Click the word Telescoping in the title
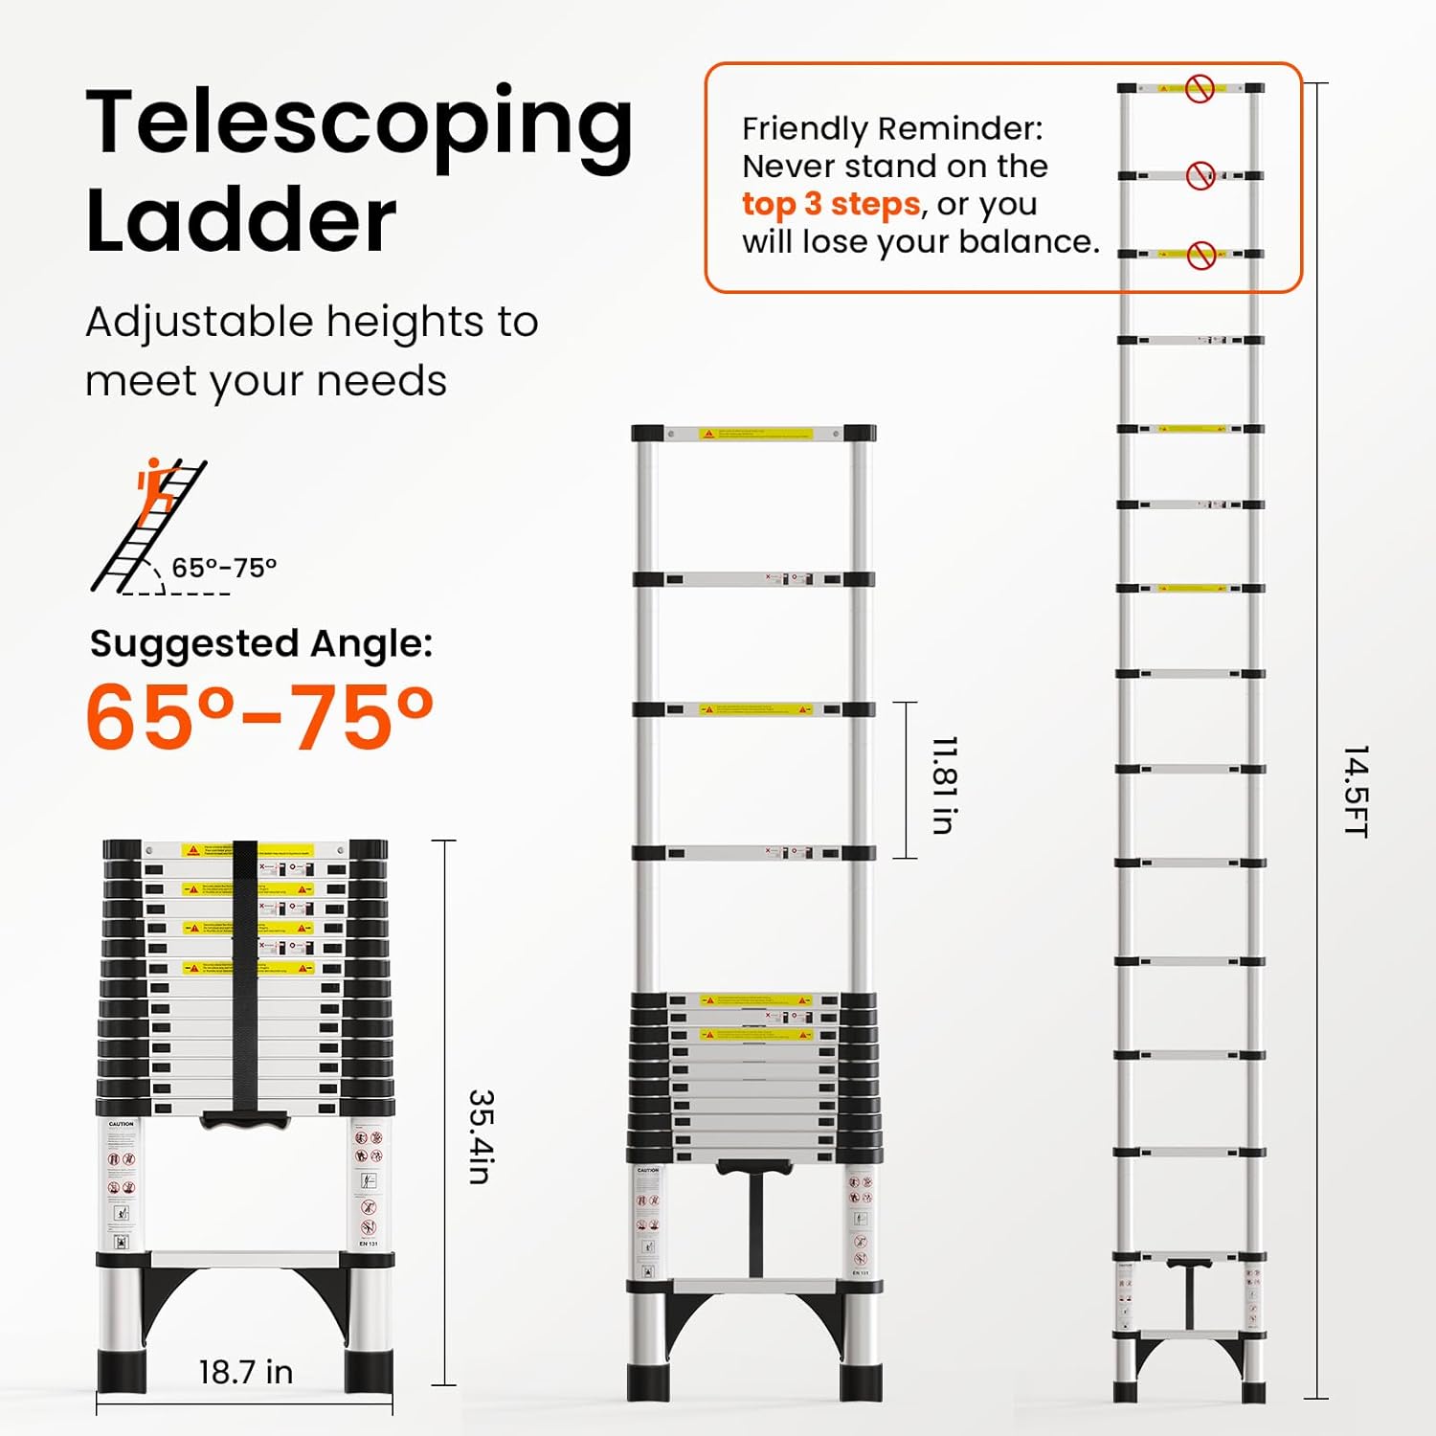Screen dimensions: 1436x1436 [x=359, y=124]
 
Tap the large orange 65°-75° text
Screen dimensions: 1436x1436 [x=258, y=716]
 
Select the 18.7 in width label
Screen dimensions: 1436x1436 [x=245, y=1372]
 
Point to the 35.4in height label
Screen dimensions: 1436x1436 [x=481, y=1136]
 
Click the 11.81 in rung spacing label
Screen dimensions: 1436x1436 [x=944, y=785]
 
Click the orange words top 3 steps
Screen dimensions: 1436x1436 [x=830, y=204]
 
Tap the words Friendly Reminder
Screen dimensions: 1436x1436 [x=892, y=128]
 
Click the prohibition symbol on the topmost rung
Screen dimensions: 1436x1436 [x=1200, y=89]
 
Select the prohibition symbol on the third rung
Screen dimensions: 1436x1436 [x=1200, y=255]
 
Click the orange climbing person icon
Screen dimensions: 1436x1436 [x=155, y=491]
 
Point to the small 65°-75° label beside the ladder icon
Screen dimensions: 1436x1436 [x=224, y=568]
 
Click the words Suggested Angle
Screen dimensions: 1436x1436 [x=260, y=643]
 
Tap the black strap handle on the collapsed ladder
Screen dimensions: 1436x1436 [x=245, y=986]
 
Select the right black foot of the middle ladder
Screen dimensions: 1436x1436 [x=861, y=1380]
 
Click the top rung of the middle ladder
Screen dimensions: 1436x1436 [x=753, y=434]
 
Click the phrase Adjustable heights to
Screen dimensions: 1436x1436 [x=312, y=322]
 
